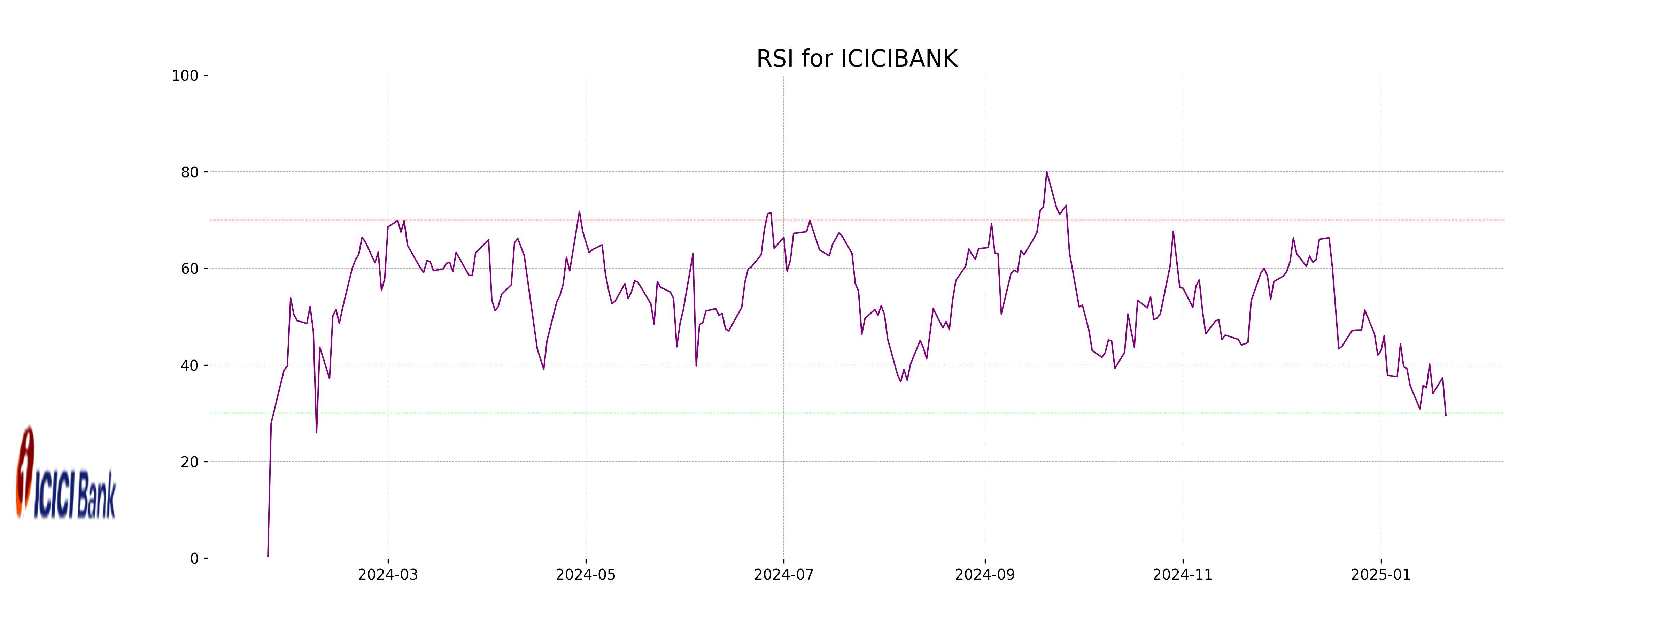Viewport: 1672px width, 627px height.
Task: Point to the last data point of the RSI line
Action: (1446, 415)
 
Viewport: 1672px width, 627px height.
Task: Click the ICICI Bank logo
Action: (65, 474)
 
